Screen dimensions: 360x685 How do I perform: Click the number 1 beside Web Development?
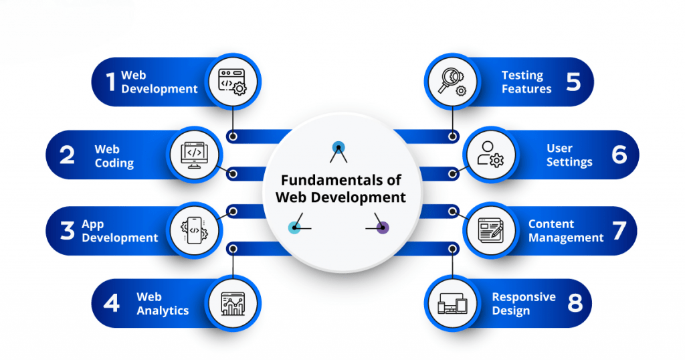click(110, 82)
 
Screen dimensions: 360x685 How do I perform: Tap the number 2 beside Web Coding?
click(67, 155)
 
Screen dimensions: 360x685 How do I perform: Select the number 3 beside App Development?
click(67, 231)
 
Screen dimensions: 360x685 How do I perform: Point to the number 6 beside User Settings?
click(619, 155)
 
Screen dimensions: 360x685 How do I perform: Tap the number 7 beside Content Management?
click(619, 231)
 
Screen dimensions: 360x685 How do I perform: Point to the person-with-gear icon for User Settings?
click(490, 155)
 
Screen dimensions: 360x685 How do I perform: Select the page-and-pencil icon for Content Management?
click(490, 230)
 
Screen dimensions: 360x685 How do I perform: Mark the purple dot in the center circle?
click(383, 228)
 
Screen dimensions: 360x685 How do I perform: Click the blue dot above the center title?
click(338, 147)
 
